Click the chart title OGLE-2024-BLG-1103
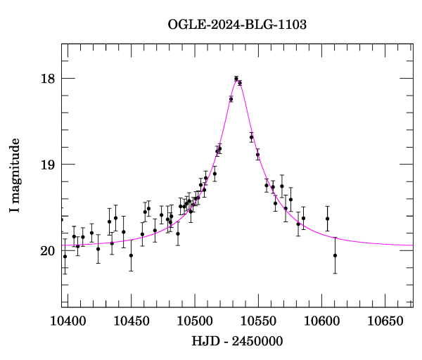pos(237,25)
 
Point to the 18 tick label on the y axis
pos(48,78)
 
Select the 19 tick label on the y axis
pos(48,165)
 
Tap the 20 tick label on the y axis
pos(48,251)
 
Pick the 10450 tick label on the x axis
pos(131,321)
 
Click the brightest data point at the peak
pos(236,79)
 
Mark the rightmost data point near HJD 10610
pos(335,255)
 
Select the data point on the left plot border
pos(61,219)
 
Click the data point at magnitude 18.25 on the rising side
pos(231,99)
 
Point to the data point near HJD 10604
pos(327,219)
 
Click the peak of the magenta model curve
pos(237,79)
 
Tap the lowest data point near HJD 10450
pos(131,255)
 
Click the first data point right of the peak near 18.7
pos(251,137)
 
